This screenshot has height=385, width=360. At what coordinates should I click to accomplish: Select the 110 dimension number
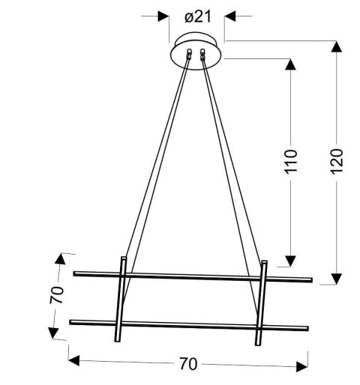[292, 161]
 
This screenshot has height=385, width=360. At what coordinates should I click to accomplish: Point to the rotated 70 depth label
[54, 295]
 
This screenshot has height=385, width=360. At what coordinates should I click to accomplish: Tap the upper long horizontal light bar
[192, 276]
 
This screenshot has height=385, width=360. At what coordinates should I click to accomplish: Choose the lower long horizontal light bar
[187, 325]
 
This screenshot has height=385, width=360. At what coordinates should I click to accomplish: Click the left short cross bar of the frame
[121, 299]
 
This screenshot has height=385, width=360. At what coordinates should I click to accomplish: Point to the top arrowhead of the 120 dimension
[336, 46]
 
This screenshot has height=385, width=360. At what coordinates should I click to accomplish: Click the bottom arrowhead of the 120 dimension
[336, 279]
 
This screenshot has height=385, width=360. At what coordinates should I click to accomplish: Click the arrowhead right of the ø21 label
[230, 15]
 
